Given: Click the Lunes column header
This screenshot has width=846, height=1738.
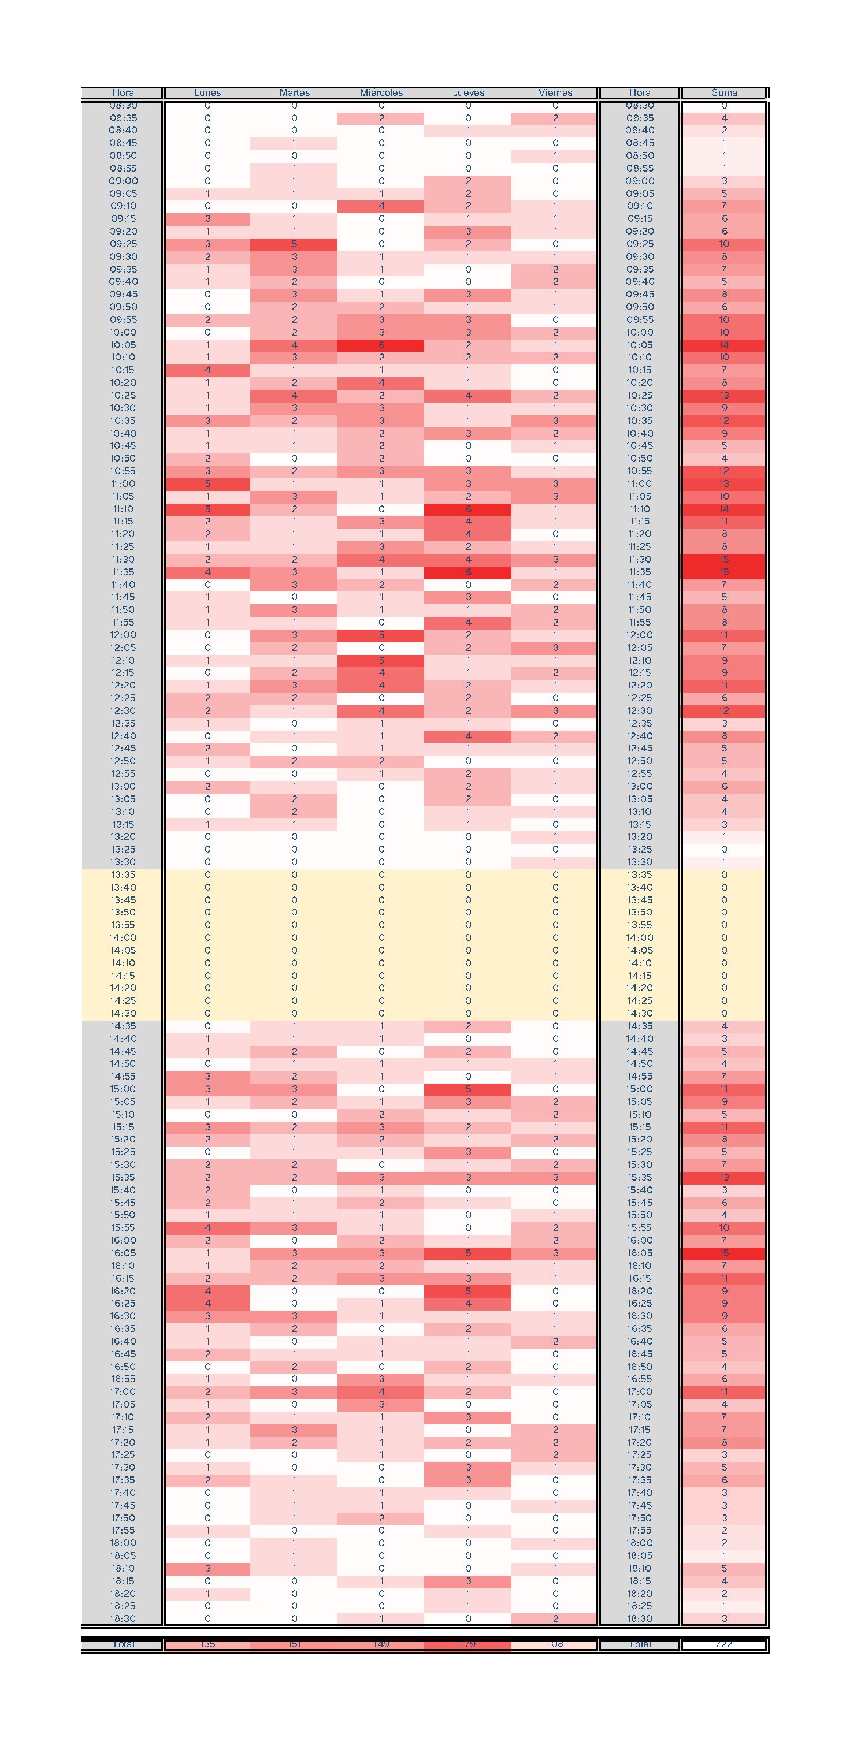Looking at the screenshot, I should point(207,93).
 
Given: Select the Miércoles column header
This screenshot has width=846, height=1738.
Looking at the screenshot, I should point(381,93).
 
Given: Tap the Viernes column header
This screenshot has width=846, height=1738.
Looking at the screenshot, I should point(555,93).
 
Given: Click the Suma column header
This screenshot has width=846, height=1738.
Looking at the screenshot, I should point(724,93).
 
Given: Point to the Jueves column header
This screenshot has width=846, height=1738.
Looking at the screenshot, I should point(468,93).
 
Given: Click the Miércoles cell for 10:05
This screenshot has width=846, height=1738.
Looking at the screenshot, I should point(381,345).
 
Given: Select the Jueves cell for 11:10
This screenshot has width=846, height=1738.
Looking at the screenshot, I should point(468,509).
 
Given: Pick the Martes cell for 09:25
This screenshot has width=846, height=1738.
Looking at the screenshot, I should point(294,244).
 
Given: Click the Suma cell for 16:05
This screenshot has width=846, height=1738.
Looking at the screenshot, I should point(724,1253).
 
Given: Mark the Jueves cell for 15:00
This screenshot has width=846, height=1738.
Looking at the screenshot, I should point(468,1089).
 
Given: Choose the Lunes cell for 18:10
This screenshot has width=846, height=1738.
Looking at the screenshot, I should point(207,1569).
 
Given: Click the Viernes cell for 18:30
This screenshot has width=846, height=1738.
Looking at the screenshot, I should point(555,1618).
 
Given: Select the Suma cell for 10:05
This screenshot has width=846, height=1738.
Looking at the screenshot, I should point(724,345).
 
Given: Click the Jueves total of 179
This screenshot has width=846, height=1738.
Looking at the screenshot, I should point(468,1644).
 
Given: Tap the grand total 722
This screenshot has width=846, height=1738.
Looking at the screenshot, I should point(724,1644).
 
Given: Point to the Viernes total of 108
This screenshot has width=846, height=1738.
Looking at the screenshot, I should point(555,1644).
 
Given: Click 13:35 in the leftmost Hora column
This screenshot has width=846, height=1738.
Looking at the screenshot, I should point(123,875).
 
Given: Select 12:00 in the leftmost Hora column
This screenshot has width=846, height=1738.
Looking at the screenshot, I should point(123,635).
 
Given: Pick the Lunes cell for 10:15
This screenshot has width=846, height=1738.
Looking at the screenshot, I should point(207,370).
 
